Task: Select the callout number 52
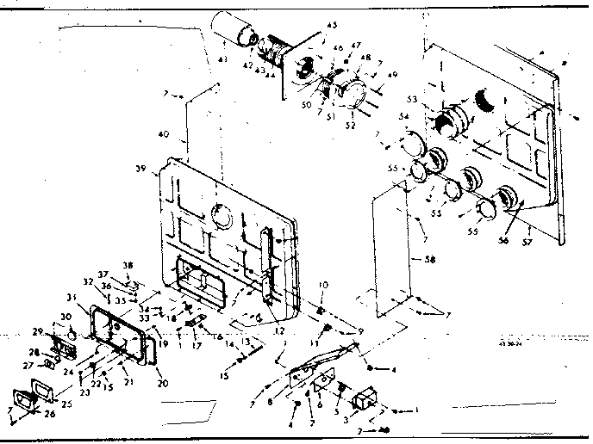tap(351, 123)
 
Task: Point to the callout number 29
tap(38, 331)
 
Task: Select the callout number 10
tap(324, 285)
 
